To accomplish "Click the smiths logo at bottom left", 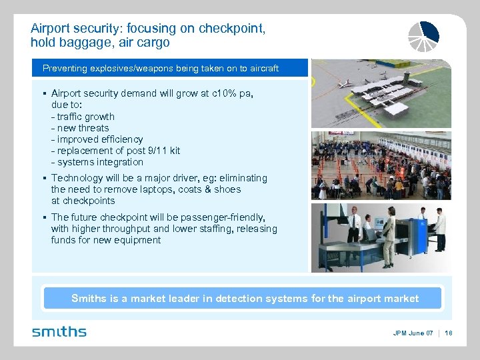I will [59, 331].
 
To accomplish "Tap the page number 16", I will [448, 333].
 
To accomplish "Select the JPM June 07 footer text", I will [413, 333].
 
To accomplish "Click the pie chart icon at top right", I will [424, 36].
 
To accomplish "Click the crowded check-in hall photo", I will [381, 165].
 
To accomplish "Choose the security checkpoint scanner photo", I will [381, 237].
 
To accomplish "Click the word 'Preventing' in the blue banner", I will [65, 69].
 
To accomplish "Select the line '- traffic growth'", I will [83, 117].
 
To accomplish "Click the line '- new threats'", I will [79, 128].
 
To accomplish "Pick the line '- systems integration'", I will [97, 162].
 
